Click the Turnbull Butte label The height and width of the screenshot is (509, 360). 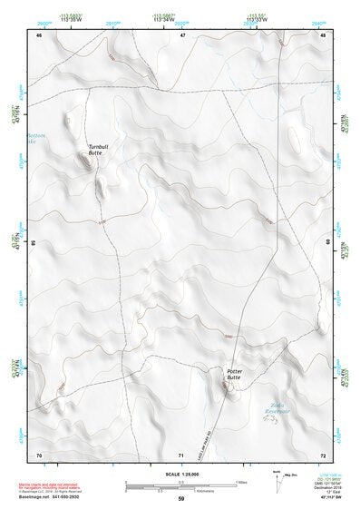click(97, 150)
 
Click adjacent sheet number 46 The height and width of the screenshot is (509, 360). click(39, 35)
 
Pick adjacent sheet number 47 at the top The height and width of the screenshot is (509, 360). click(182, 35)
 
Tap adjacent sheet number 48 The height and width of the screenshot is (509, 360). click(324, 35)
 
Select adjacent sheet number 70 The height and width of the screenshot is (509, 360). click(39, 454)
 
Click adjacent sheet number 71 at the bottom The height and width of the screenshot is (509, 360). click(182, 454)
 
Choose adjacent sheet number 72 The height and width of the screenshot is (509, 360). click(324, 454)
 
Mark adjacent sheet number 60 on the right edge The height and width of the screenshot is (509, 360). click(328, 243)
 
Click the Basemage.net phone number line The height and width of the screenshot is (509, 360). click(49, 496)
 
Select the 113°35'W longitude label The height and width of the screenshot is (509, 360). click(69, 20)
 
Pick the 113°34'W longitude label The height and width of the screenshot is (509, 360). click(163, 20)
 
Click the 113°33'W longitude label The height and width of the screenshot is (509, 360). click(257, 20)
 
